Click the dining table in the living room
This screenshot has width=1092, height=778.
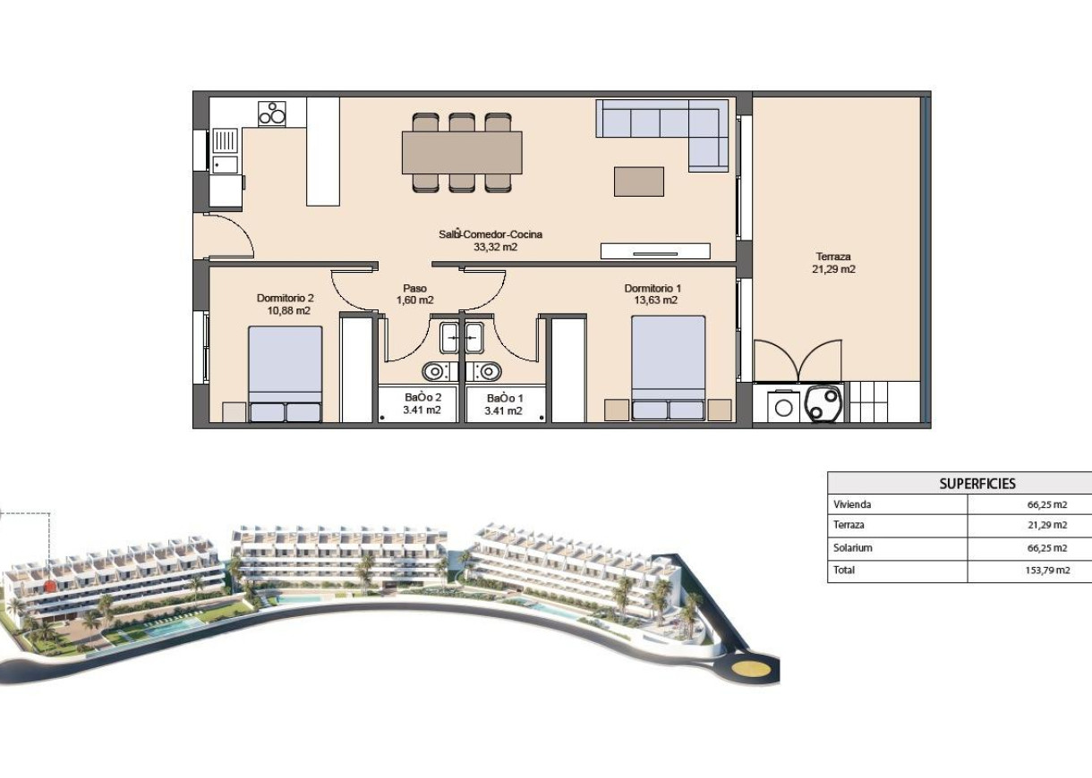[461, 152]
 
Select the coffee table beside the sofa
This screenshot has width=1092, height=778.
[639, 182]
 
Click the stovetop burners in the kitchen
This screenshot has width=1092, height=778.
[272, 114]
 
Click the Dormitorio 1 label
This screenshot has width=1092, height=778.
[653, 294]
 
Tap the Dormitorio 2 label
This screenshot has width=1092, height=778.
[285, 304]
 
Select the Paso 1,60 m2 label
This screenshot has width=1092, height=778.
[414, 294]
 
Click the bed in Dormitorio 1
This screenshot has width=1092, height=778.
[668, 367]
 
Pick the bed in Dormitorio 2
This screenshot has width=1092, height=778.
[285, 373]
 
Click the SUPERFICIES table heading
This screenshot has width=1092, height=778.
[977, 484]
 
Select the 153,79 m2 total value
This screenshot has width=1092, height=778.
[1048, 570]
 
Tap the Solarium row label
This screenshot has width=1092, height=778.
[852, 548]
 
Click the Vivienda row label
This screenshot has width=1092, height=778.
[851, 504]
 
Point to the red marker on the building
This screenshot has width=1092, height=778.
[50, 586]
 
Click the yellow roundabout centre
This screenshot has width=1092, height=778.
[744, 666]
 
